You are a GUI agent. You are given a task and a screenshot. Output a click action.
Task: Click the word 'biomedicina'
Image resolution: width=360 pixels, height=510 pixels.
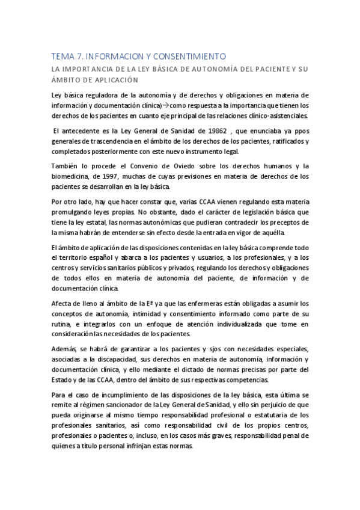pos(72,177)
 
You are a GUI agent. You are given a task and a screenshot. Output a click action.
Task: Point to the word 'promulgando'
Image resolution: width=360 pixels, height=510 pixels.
pos(75,213)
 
